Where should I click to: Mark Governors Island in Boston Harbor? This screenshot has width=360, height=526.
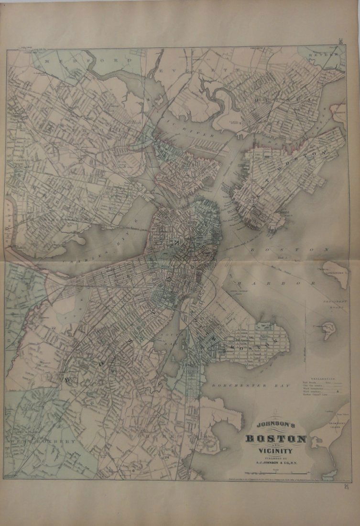pyautogui.click(x=338, y=274)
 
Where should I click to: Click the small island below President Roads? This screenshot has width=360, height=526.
pyautogui.click(x=328, y=329)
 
